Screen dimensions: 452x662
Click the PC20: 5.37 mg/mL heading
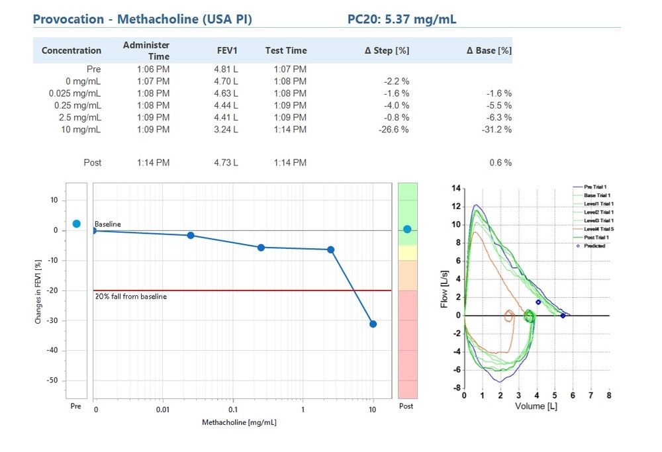pos(401,19)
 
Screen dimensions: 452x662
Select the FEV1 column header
pos(227,50)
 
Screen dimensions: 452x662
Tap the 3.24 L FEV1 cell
pos(226,130)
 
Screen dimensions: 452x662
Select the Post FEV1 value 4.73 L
pos(226,163)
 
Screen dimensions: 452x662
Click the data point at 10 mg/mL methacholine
pos(373,324)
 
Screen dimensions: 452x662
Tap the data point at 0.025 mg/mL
pos(191,235)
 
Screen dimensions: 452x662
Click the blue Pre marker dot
pos(76,224)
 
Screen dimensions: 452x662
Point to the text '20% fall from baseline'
pos(130,296)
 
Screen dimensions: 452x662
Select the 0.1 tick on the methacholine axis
pos(233,410)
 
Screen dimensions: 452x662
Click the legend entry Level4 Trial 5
pos(598,229)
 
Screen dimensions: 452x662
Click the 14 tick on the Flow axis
pos(455,189)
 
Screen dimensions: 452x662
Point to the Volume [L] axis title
pos(536,406)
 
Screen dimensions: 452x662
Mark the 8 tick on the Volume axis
pos(608,395)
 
